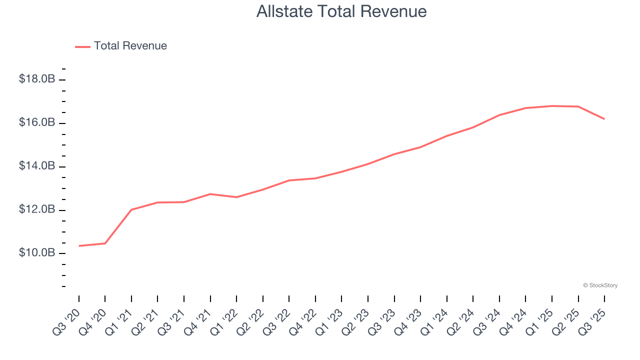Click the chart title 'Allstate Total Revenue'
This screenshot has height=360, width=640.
click(341, 11)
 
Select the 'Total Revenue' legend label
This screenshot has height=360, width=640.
click(130, 46)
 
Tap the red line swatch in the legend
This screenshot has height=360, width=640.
click(82, 46)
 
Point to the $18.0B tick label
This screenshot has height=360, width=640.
click(37, 79)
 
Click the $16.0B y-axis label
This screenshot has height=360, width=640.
click(37, 122)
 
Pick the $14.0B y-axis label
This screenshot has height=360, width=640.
click(37, 166)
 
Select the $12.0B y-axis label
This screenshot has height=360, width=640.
click(37, 209)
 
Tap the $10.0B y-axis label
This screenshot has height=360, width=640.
click(37, 253)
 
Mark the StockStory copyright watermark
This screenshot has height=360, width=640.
click(600, 285)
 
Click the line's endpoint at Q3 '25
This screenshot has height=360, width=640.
click(604, 118)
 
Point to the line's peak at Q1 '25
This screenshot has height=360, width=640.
click(552, 106)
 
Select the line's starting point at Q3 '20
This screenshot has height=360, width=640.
click(79, 246)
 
